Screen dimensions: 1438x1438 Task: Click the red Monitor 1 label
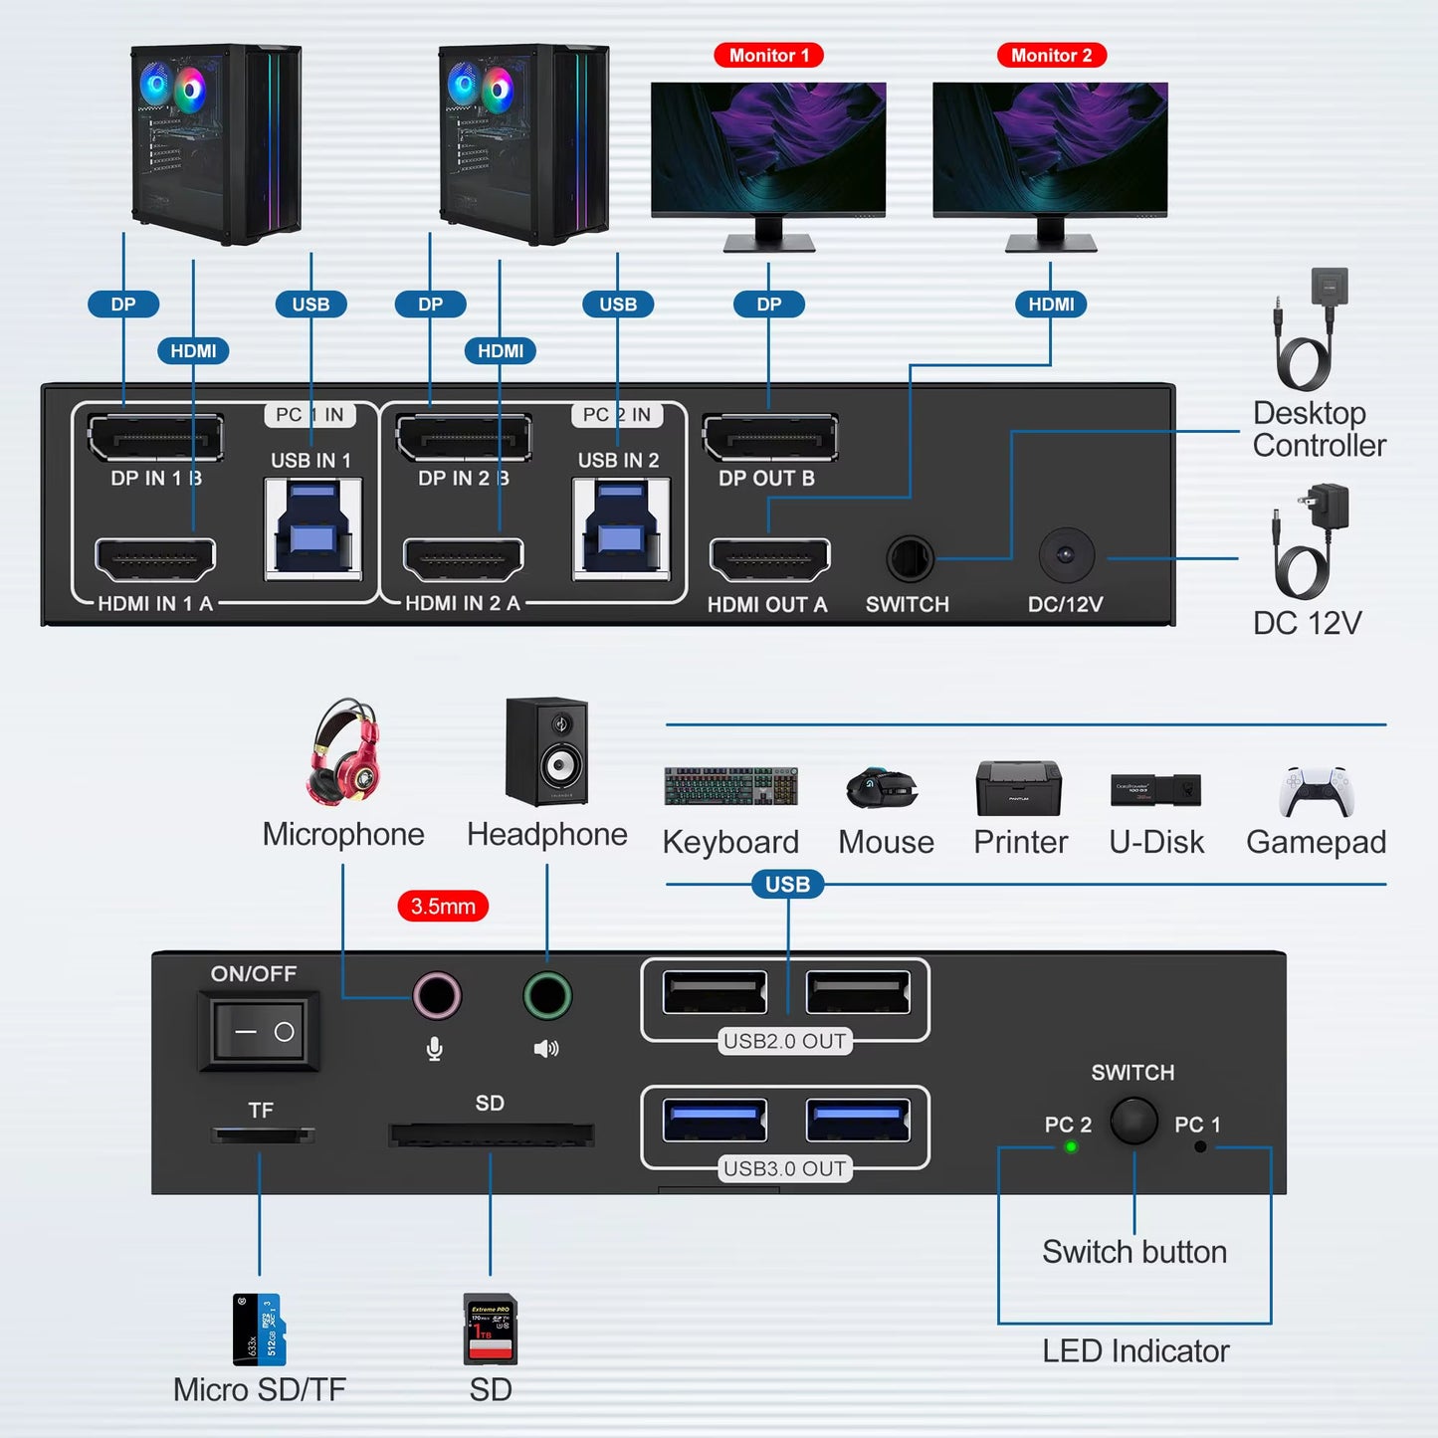pos(768,56)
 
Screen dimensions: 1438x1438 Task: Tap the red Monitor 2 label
pos(1051,56)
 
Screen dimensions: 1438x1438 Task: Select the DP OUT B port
pos(769,438)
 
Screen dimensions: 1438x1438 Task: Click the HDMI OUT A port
pos(769,560)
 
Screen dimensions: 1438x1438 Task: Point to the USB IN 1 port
pos(312,528)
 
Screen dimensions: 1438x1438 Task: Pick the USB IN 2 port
pos(620,528)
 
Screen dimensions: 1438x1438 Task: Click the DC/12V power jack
pos(1066,555)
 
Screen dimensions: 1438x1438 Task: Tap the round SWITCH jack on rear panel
pos(910,558)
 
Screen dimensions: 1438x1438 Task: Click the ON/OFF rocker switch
pos(259,1031)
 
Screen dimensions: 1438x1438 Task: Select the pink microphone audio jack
pos(436,996)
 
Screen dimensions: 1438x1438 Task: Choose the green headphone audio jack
pos(546,996)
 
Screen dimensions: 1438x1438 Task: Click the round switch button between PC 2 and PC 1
pos(1133,1121)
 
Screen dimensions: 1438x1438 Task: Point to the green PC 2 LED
pos(1071,1147)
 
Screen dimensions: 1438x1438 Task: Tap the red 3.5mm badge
pos(443,907)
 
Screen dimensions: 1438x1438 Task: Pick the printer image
pos(1019,788)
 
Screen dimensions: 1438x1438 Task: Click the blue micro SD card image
pos(259,1329)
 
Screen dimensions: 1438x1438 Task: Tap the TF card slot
pos(262,1134)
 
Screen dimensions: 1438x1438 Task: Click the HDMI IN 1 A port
pos(155,560)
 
